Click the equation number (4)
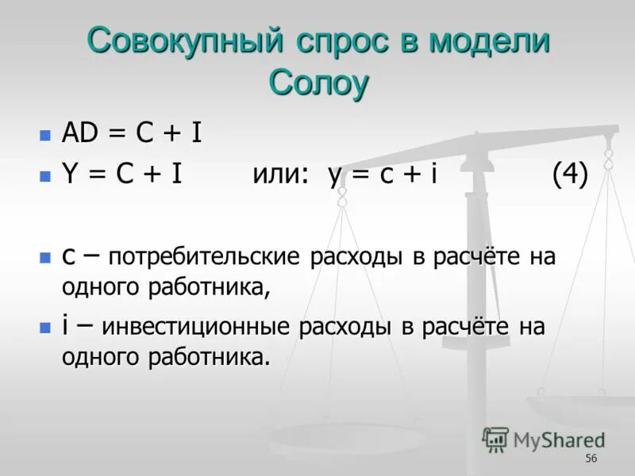[x=570, y=175]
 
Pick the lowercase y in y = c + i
[x=335, y=178]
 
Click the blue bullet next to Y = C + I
[x=45, y=177]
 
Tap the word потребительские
[x=204, y=258]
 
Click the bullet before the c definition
[x=45, y=258]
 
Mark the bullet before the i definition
[x=45, y=328]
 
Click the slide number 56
[x=591, y=459]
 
